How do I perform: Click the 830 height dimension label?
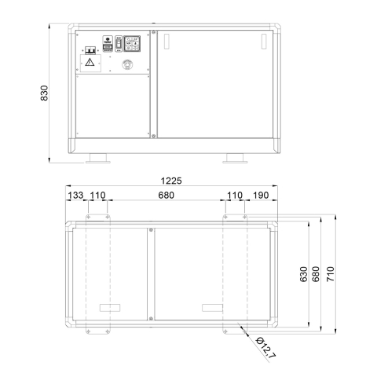pos(45,93)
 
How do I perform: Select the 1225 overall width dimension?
pos(171,181)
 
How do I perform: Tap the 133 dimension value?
pos(75,196)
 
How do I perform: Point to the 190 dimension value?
pos(261,196)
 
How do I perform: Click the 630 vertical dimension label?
pos(303,274)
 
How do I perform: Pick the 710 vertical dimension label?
pos(331,274)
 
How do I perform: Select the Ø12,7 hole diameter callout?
pos(265,347)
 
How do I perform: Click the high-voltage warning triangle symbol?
pos(90,62)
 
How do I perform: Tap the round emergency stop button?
pos(127,64)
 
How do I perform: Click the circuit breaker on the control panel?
pos(90,50)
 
